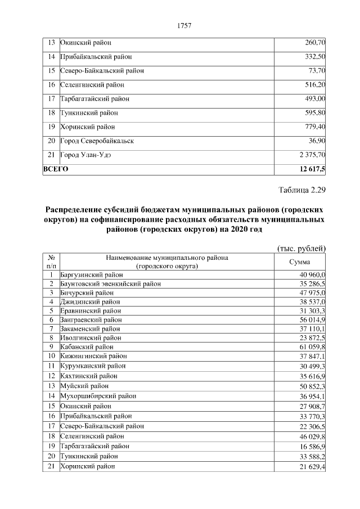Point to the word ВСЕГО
coord(56,168)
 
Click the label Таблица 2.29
coord(302,189)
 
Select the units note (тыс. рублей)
coord(302,248)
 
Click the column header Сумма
coord(300,262)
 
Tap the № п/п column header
coord(51,262)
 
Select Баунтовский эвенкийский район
coord(110,284)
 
